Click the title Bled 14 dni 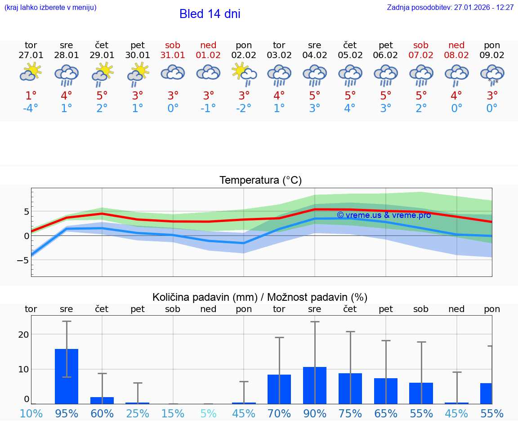(210, 14)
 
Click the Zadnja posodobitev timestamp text (450, 8)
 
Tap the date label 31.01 (173, 55)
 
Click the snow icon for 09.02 (492, 75)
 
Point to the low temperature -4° (31, 109)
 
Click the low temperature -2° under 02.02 (244, 109)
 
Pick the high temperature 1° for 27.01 (31, 96)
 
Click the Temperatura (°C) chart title (260, 181)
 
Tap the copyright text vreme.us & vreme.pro (384, 215)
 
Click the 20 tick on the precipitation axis (23, 335)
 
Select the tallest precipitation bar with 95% (67, 376)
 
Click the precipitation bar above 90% (315, 385)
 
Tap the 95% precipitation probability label (67, 414)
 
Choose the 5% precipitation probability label (208, 414)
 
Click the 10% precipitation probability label (31, 414)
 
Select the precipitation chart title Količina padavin (260, 297)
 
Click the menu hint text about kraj (50, 8)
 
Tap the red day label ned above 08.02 (456, 45)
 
